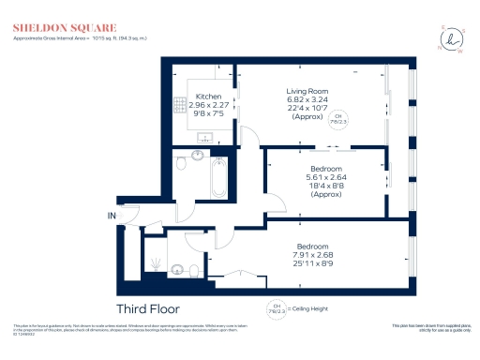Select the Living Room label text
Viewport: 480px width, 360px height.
click(x=307, y=90)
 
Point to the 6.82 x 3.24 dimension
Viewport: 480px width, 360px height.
click(x=307, y=99)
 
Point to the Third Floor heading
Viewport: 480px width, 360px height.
click(x=147, y=307)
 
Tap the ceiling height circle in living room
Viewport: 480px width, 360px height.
click(x=335, y=118)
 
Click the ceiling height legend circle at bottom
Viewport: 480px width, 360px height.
click(x=276, y=307)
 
